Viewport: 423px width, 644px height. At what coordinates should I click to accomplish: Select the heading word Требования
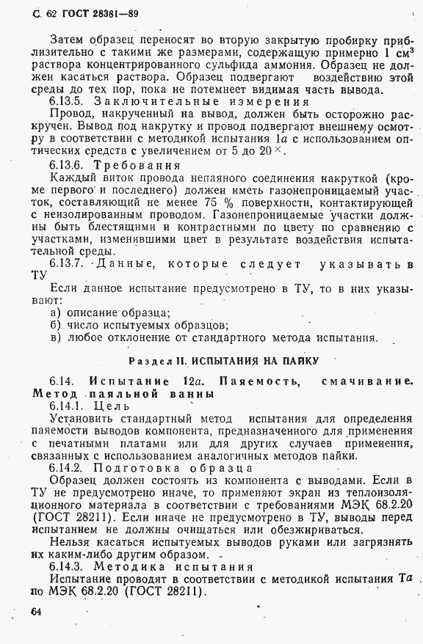[138, 164]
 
